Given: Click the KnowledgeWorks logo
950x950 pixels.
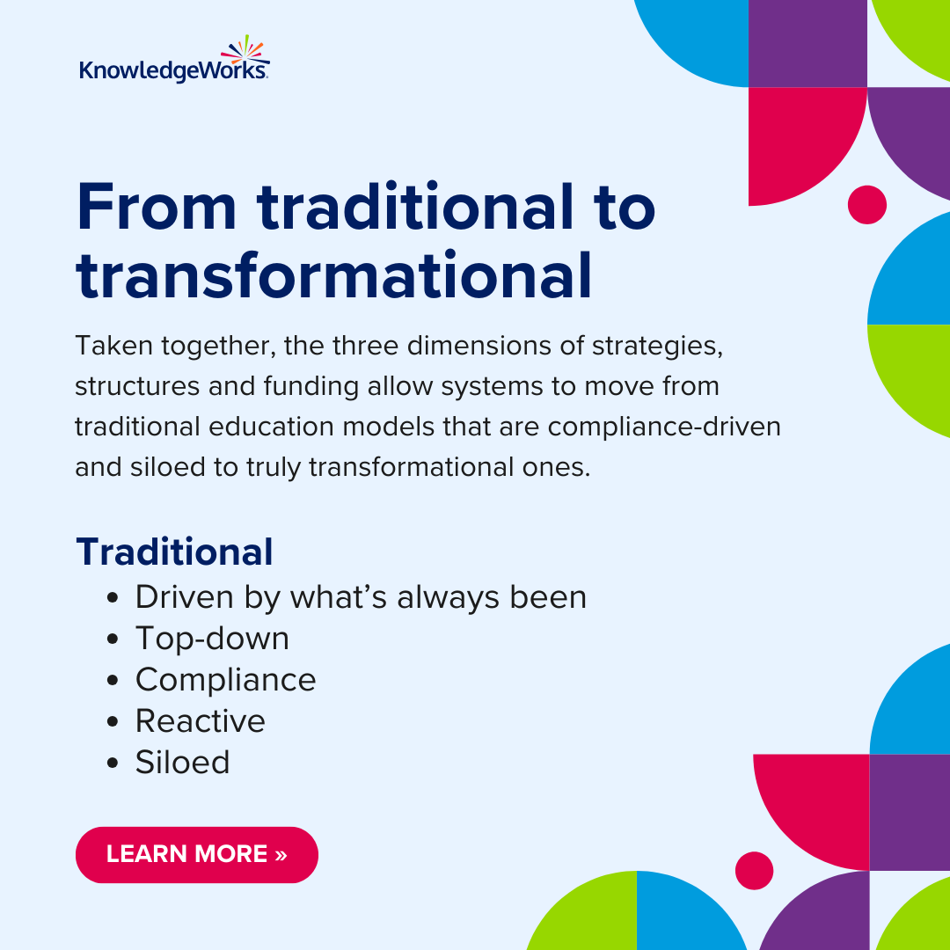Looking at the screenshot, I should pyautogui.click(x=174, y=63).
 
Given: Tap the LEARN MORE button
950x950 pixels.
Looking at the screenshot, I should pyautogui.click(x=196, y=854).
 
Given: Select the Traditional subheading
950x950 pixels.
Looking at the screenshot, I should pyautogui.click(x=174, y=552).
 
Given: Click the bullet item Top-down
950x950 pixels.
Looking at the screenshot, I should pyautogui.click(x=212, y=639).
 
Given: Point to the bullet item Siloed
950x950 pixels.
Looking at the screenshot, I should pyautogui.click(x=182, y=762).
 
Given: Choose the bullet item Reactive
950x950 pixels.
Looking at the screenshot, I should pyautogui.click(x=200, y=721).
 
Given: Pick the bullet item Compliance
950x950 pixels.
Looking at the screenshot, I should pyautogui.click(x=225, y=680).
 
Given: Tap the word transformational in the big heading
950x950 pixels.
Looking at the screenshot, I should pyautogui.click(x=333, y=275).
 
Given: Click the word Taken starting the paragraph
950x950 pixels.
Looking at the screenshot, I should pyautogui.click(x=108, y=346).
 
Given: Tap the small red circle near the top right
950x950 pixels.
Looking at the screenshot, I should pyautogui.click(x=866, y=205).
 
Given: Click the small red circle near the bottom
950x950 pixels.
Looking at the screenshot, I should pyautogui.click(x=754, y=870).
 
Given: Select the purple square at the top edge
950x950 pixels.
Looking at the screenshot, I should pyautogui.click(x=807, y=42).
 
